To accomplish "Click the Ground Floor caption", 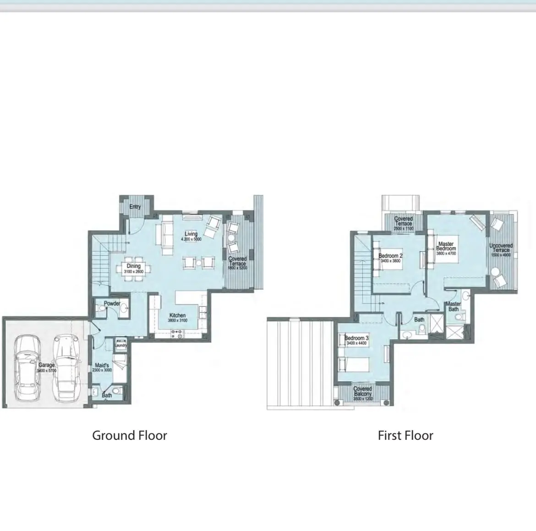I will pyautogui.click(x=130, y=435).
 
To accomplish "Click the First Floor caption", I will pyautogui.click(x=405, y=435).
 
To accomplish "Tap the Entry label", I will pyautogui.click(x=135, y=207).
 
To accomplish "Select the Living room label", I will pyautogui.click(x=191, y=234).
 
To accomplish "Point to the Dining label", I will pyautogui.click(x=134, y=266).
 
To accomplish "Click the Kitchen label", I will pyautogui.click(x=178, y=315).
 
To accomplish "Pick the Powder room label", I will pyautogui.click(x=112, y=304).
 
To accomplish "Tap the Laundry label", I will pyautogui.click(x=121, y=345).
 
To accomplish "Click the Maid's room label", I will pyautogui.click(x=102, y=365).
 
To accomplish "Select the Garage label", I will pyautogui.click(x=46, y=365).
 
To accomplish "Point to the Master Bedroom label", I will pyautogui.click(x=446, y=246).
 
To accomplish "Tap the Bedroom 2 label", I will pyautogui.click(x=390, y=256).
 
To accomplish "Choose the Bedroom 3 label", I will pyautogui.click(x=357, y=338).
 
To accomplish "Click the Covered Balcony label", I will pyautogui.click(x=363, y=391).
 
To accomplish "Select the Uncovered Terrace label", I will pyautogui.click(x=501, y=248).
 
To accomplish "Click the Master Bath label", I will pyautogui.click(x=454, y=306).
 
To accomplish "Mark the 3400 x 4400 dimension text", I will pyautogui.click(x=357, y=343).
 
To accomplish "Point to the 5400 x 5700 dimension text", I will pyautogui.click(x=47, y=370).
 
